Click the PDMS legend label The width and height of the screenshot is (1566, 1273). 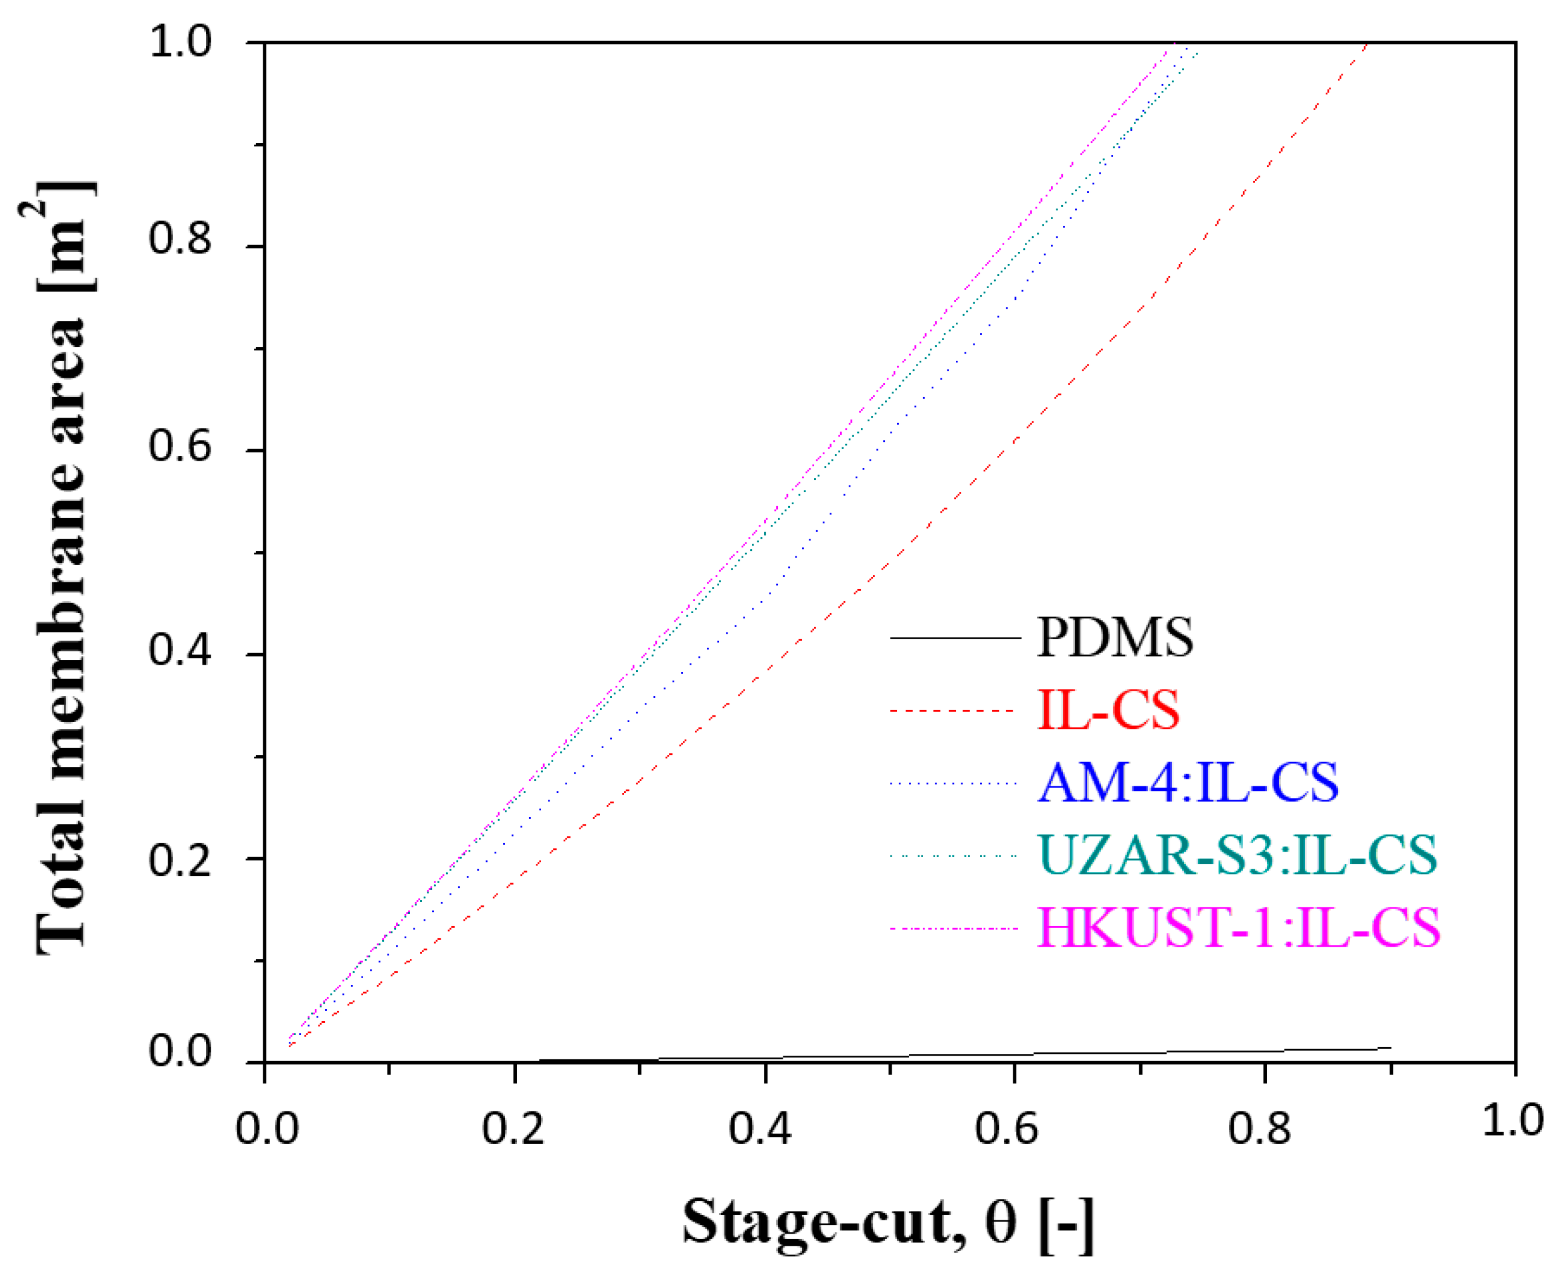1114,637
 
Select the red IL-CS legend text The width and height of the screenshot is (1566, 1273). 1108,710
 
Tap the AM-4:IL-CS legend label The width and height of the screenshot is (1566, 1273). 1188,783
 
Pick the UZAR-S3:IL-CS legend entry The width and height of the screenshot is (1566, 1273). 1237,855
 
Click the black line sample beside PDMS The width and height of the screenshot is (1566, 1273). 955,638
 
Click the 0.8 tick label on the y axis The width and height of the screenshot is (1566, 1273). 180,238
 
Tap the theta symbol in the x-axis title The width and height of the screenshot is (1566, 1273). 1001,1222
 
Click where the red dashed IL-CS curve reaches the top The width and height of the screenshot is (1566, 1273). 1367,44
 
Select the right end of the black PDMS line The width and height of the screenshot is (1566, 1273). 1390,1047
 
